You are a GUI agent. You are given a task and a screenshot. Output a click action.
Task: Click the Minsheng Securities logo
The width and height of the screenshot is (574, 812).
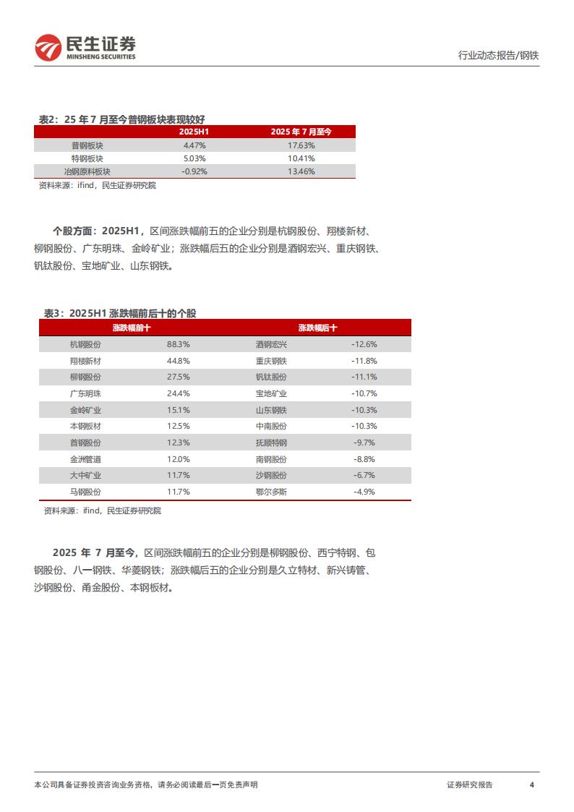click(85, 48)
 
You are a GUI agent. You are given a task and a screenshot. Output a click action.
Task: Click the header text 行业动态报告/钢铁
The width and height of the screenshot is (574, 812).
click(499, 55)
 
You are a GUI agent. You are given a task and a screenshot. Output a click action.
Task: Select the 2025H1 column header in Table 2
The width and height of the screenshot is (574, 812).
click(194, 132)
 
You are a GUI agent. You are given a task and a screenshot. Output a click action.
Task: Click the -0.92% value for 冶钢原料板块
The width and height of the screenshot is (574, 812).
click(194, 171)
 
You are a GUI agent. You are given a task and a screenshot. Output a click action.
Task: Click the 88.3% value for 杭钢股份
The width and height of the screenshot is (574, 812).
click(178, 344)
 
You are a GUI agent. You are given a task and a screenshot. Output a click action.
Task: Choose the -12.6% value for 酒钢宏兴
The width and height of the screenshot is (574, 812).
click(365, 344)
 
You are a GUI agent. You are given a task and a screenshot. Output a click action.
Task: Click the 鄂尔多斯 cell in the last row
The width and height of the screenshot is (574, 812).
click(271, 492)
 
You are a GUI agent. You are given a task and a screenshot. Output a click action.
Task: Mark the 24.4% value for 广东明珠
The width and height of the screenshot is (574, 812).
click(178, 393)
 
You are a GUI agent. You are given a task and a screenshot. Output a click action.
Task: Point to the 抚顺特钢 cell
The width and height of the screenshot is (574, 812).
click(271, 443)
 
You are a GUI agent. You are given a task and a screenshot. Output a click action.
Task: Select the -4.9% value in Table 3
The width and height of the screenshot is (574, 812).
click(365, 492)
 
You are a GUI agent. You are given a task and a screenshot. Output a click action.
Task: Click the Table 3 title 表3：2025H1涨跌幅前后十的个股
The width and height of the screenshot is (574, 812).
click(120, 313)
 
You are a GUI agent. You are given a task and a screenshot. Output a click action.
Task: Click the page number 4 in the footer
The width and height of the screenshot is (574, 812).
click(531, 785)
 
